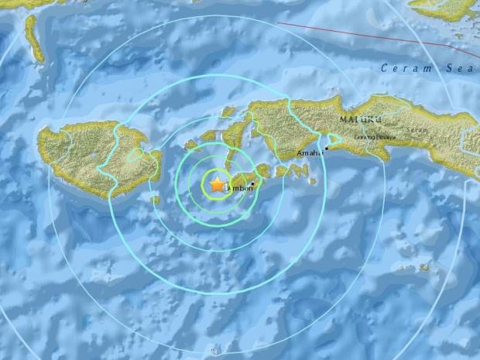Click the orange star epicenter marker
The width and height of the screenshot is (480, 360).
(x=215, y=184)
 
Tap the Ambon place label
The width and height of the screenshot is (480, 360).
(x=235, y=188)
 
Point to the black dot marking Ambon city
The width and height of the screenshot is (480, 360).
(x=252, y=183)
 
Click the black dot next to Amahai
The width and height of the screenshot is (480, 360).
(x=327, y=147)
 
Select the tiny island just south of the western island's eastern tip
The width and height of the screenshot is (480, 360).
(x=155, y=201)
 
